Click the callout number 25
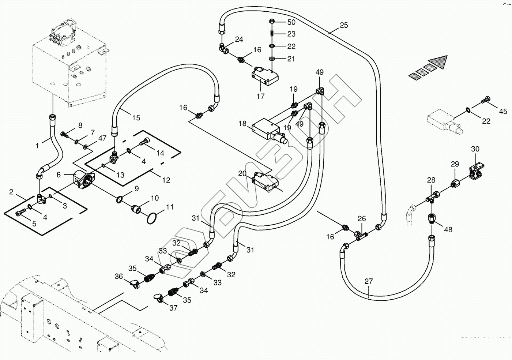click(344, 25)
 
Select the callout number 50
click(291, 22)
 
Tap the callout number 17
click(260, 97)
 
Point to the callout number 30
click(475, 149)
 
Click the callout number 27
click(369, 281)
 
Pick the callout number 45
click(503, 111)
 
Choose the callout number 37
click(173, 308)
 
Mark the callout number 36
click(119, 277)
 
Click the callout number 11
click(170, 207)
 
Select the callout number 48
click(448, 230)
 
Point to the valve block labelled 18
click(268, 128)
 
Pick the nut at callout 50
click(272, 21)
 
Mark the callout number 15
click(136, 118)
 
